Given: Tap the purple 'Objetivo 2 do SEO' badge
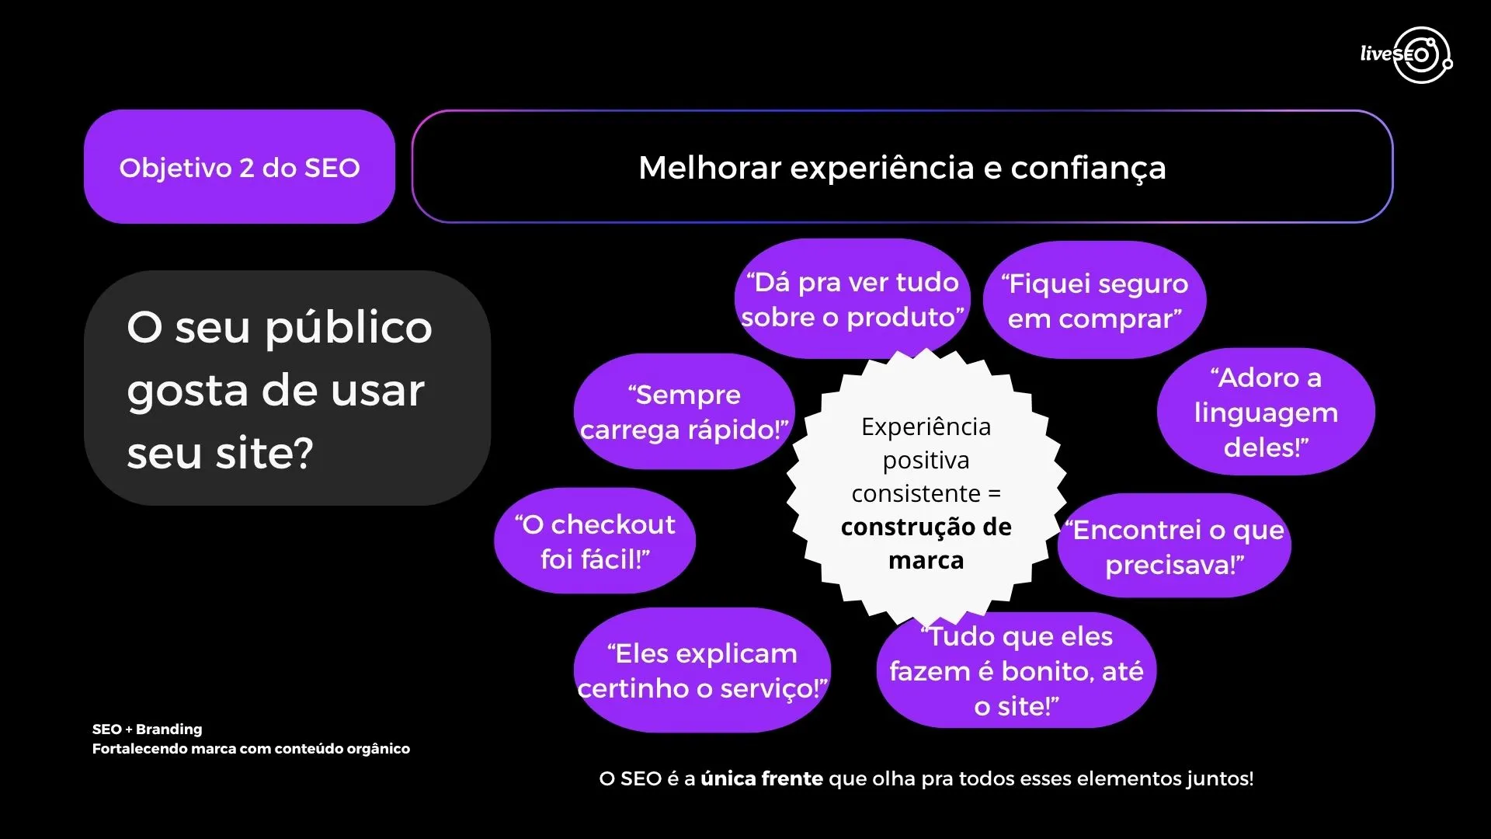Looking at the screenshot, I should pos(239,167).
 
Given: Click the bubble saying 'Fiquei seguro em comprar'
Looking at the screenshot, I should pos(1094,301).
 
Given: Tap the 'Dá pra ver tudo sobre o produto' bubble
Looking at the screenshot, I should pos(852,299).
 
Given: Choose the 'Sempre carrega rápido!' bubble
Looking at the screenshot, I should pos(683,412).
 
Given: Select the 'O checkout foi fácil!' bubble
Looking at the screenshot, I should pos(595,541).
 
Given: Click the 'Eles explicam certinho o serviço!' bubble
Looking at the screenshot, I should pos(702,670).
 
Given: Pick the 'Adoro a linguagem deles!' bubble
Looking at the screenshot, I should pos(1266,412).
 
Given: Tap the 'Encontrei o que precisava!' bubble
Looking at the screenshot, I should pos(1174,547).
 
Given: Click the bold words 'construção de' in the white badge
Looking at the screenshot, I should pos(926,527).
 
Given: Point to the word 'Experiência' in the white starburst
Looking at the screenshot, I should pos(926,426).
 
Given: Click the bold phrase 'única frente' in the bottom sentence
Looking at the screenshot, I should pos(761,778).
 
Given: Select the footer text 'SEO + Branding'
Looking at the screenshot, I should pos(147,729).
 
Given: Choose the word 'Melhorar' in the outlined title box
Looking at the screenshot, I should pos(709,168).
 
